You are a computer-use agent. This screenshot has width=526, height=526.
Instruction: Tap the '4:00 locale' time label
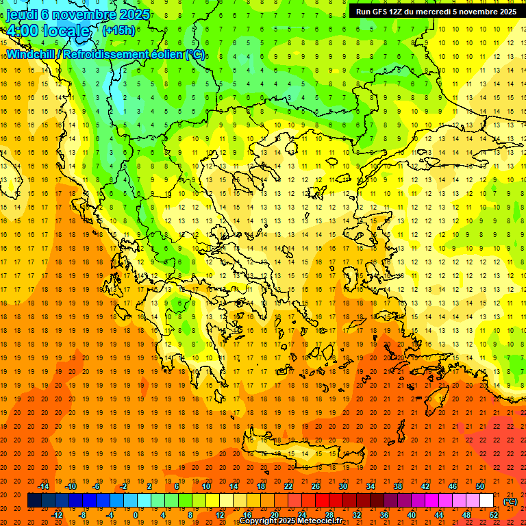[48, 31]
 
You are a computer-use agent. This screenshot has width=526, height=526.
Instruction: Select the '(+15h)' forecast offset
[118, 30]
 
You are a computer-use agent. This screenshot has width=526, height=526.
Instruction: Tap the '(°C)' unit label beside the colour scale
[510, 501]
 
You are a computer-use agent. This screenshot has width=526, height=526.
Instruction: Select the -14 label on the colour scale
[45, 486]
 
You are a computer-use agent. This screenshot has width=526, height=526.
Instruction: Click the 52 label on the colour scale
[494, 515]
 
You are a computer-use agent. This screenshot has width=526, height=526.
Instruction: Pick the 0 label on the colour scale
[135, 515]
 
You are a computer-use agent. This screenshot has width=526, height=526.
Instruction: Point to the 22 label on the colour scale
[288, 486]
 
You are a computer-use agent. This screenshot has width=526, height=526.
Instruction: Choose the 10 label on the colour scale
[206, 486]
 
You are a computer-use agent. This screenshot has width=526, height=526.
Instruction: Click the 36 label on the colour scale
[384, 515]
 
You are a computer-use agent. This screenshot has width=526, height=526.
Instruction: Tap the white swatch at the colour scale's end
[486, 501]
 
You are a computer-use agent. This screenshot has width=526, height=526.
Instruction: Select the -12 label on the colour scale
[58, 515]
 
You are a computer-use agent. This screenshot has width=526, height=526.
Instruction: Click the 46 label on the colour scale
[453, 486]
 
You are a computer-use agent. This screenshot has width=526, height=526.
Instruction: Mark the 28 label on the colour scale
[329, 515]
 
